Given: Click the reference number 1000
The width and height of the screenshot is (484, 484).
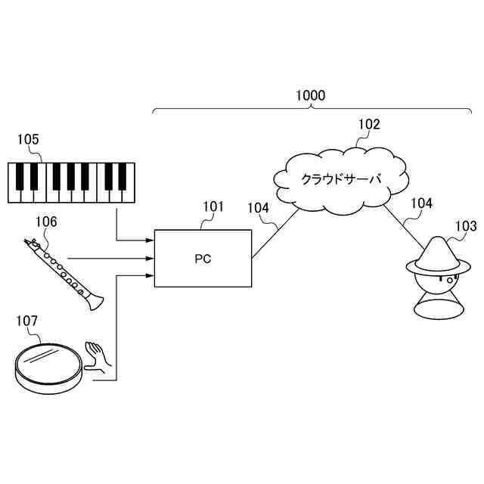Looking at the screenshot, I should (x=310, y=96).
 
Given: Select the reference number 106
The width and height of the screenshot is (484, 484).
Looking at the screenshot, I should (x=45, y=221).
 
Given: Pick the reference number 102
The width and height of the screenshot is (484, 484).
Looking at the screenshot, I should (x=369, y=125).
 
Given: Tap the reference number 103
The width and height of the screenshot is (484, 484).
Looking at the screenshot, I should (x=466, y=225).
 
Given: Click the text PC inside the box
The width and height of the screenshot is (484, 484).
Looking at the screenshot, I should (x=202, y=259).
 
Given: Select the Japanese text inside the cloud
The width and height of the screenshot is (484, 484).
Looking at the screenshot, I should (x=342, y=179).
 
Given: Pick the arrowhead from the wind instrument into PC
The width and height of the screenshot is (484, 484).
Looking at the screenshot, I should (x=150, y=259).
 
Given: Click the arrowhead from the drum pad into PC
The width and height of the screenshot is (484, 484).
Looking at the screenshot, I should (x=150, y=275).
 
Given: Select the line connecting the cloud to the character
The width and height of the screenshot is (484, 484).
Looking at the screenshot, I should (x=403, y=224).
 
